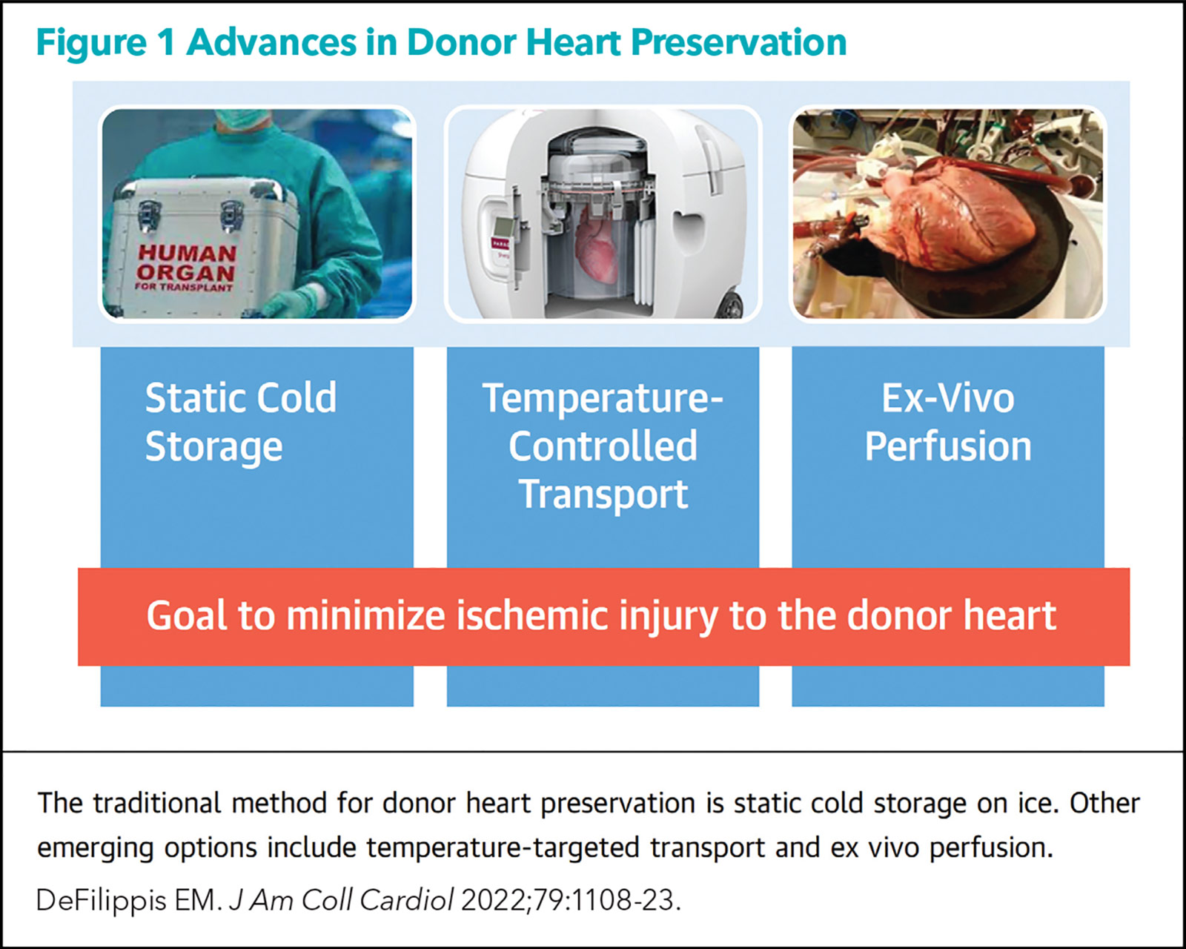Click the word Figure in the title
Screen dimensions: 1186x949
91,44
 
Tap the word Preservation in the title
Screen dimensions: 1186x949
738,42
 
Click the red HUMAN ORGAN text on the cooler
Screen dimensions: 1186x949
186,263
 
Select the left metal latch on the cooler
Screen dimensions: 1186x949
149,215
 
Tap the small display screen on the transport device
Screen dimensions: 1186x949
503,227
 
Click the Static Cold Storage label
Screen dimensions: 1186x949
241,422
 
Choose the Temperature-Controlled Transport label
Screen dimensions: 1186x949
603,446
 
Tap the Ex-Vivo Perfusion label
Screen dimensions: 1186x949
948,422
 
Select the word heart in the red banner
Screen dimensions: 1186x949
1010,615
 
